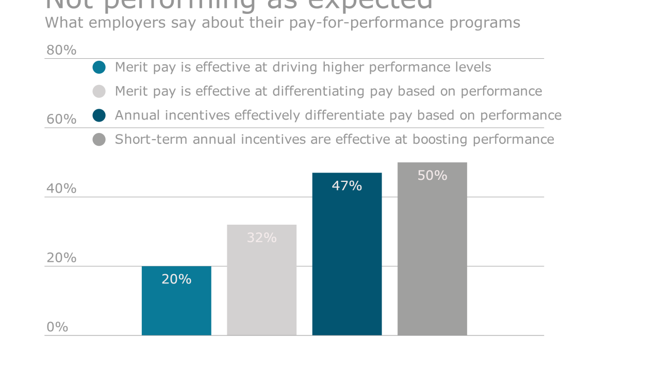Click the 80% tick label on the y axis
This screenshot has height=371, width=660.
pos(61,50)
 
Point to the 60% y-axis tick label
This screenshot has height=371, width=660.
pos(61,119)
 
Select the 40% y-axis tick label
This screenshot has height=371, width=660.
pos(61,189)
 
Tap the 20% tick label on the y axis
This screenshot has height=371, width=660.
pos(61,258)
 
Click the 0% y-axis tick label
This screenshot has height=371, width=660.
pos(57,327)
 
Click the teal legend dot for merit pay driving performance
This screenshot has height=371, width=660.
pos(99,67)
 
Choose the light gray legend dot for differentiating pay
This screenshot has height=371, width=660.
pos(99,91)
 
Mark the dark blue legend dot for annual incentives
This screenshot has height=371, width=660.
pos(99,115)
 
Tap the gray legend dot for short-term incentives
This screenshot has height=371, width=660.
pos(99,140)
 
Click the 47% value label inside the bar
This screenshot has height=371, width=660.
pos(347,186)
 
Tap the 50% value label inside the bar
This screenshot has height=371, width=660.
pos(432,176)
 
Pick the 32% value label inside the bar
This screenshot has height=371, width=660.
pos(261,238)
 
